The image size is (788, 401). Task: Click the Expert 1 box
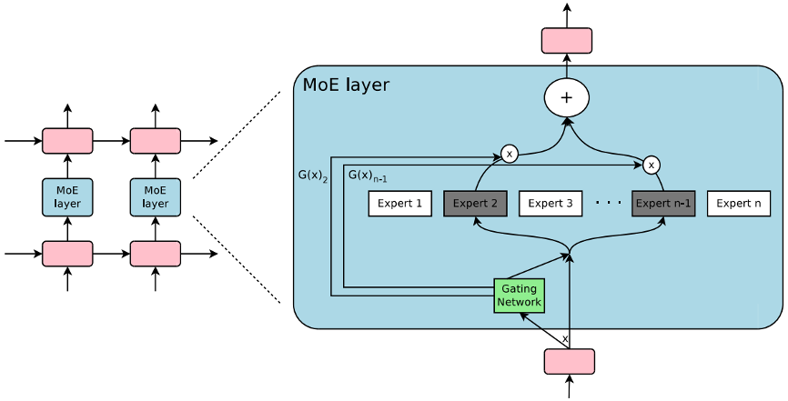click(x=399, y=204)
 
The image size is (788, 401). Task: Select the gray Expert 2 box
click(x=475, y=204)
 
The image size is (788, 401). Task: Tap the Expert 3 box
click(x=551, y=204)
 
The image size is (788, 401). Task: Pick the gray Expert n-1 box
click(x=663, y=204)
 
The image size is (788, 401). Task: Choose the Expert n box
click(x=738, y=204)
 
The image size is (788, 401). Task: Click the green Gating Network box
click(x=520, y=296)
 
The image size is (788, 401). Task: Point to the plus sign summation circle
click(x=567, y=96)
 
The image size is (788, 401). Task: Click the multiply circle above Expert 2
click(x=510, y=155)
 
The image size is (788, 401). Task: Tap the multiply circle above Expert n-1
click(x=651, y=165)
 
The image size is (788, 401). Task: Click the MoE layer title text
click(x=346, y=85)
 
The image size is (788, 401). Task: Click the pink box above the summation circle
click(x=567, y=40)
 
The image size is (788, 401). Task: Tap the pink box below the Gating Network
click(x=570, y=361)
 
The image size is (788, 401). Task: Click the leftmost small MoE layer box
click(x=67, y=197)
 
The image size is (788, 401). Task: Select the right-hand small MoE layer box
click(x=156, y=197)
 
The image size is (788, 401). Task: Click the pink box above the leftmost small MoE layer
click(x=67, y=141)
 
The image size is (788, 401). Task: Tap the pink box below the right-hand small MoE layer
click(x=156, y=254)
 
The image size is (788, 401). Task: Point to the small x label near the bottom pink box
click(x=565, y=338)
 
